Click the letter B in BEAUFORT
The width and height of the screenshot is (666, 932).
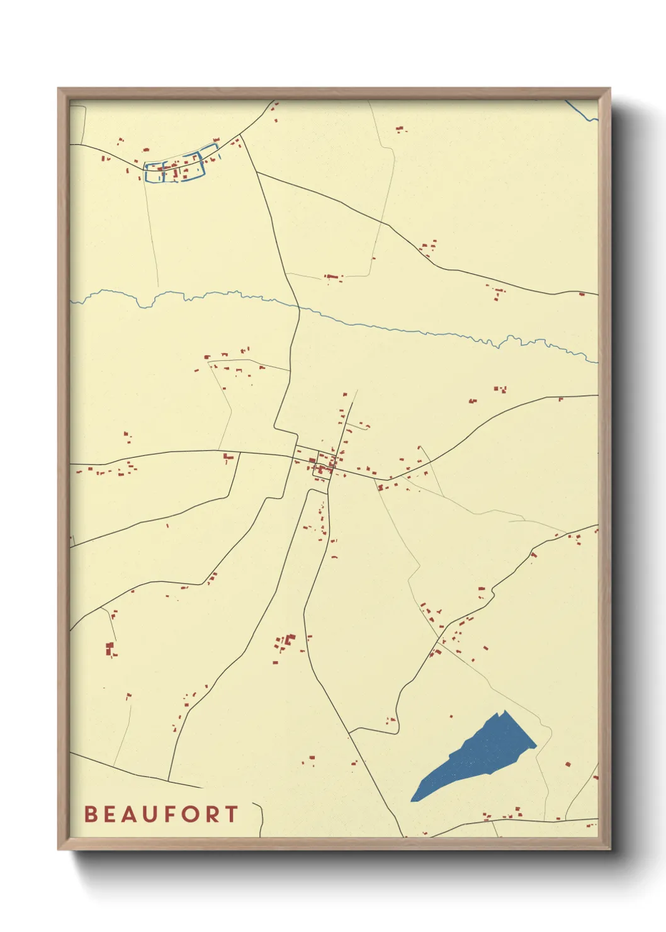tap(91, 814)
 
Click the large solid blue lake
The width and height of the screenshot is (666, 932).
tap(478, 756)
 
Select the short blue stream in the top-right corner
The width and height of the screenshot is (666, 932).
tap(582, 112)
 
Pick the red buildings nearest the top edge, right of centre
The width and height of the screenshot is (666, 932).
tap(400, 130)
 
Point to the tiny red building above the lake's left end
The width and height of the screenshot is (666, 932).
tap(451, 716)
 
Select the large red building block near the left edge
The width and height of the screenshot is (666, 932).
tap(110, 648)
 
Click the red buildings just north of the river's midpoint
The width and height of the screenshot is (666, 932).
tap(332, 276)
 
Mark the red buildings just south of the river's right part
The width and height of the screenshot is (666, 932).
tap(500, 390)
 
